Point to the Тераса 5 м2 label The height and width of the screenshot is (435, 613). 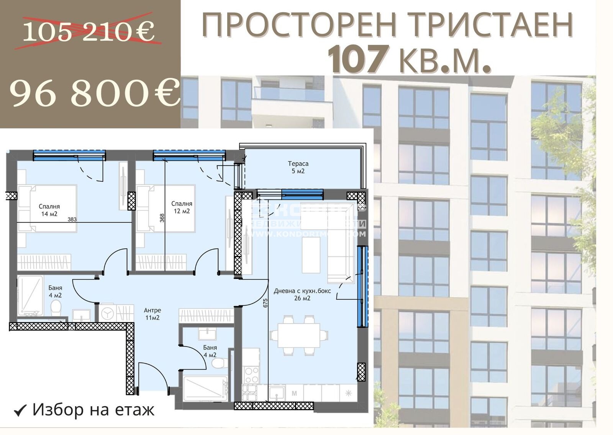click(298, 167)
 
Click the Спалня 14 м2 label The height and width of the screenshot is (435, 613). click(49, 210)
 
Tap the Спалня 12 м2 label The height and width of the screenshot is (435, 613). click(182, 207)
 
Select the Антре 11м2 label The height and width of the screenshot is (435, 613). click(152, 314)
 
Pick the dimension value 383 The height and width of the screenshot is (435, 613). click(72, 220)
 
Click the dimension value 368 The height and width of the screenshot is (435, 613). click(162, 218)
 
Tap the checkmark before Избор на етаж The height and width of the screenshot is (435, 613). click(20, 410)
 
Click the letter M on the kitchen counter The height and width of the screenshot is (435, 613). click(294, 393)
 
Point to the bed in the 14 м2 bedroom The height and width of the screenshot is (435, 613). click(48, 208)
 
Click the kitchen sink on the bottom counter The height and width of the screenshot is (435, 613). click(276, 393)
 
